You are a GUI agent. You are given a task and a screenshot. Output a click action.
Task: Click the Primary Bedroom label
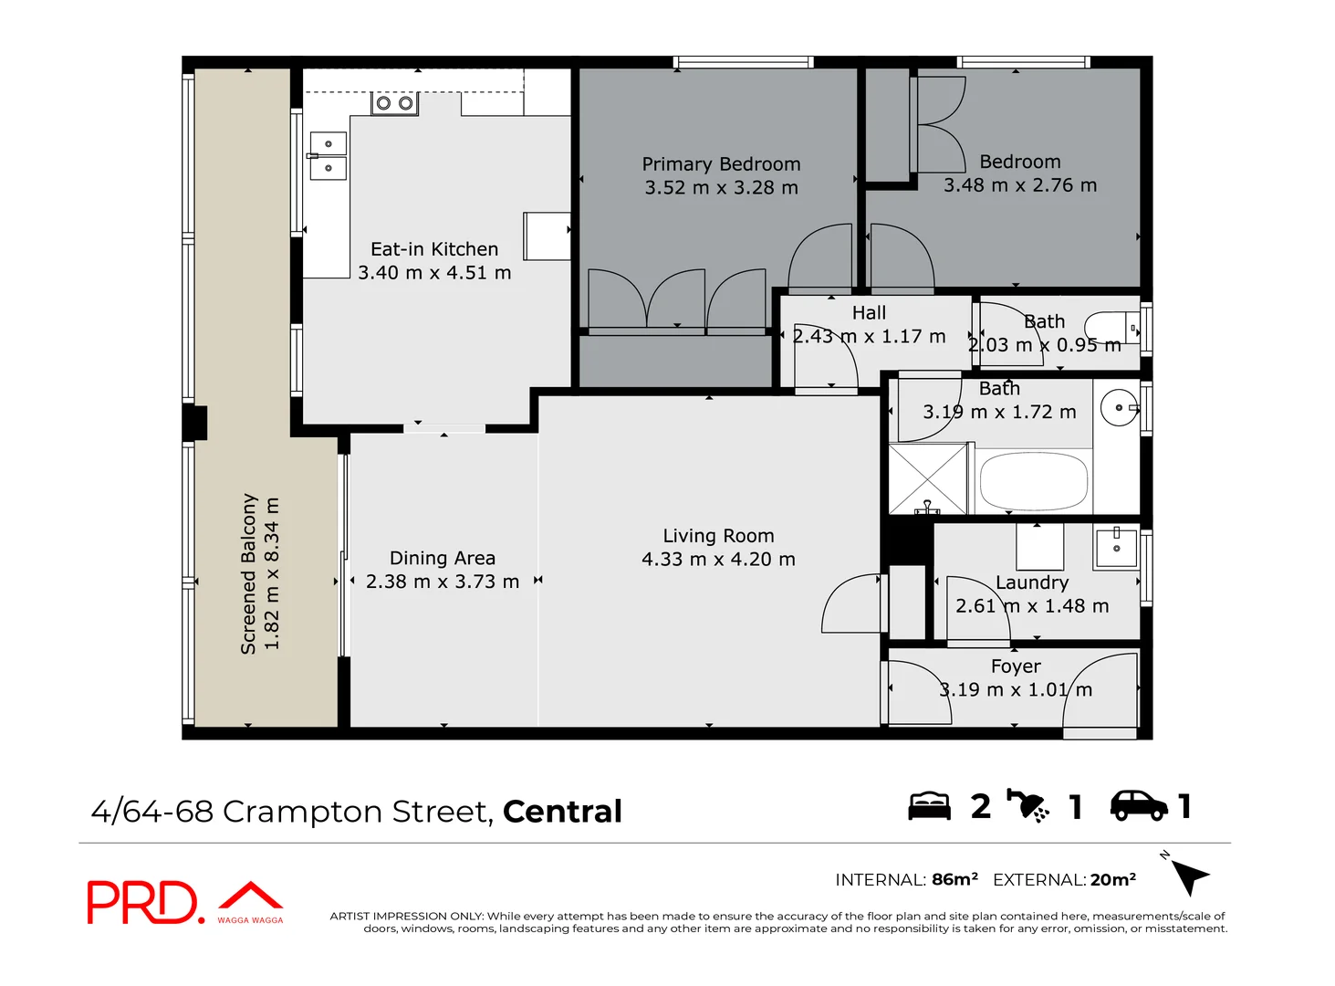[x=721, y=164]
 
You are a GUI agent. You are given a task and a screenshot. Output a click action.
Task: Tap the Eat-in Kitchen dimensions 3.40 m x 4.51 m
[x=434, y=273]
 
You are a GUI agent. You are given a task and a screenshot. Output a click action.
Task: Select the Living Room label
[x=718, y=536]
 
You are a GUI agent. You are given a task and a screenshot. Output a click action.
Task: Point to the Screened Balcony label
[x=248, y=573]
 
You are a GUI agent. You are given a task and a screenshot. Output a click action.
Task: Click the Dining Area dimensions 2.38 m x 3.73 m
[x=443, y=582]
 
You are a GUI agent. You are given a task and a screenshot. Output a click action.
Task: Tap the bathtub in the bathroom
[x=1033, y=481]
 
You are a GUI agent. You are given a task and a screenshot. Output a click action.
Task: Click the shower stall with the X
[x=927, y=479]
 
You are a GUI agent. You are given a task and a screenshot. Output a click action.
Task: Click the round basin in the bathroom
[x=1119, y=408]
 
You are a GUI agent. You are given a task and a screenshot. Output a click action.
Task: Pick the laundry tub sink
[x=1116, y=547]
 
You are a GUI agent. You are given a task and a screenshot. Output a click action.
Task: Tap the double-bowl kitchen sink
[x=328, y=156]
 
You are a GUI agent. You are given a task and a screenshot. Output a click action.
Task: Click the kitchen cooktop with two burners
[x=394, y=103]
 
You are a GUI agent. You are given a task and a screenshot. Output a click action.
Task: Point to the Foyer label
[x=1015, y=666]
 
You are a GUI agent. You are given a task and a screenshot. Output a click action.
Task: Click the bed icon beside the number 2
[x=929, y=806]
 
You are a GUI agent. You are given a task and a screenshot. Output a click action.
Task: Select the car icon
[x=1138, y=805]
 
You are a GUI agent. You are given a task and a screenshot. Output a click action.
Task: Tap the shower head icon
[x=1028, y=805]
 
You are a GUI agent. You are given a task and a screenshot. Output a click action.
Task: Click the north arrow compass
[x=1188, y=876]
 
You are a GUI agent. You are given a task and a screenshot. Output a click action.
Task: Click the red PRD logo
[x=142, y=902]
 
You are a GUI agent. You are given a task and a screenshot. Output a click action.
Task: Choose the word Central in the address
[x=562, y=812]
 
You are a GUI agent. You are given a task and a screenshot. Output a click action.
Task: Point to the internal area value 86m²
[x=954, y=879]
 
